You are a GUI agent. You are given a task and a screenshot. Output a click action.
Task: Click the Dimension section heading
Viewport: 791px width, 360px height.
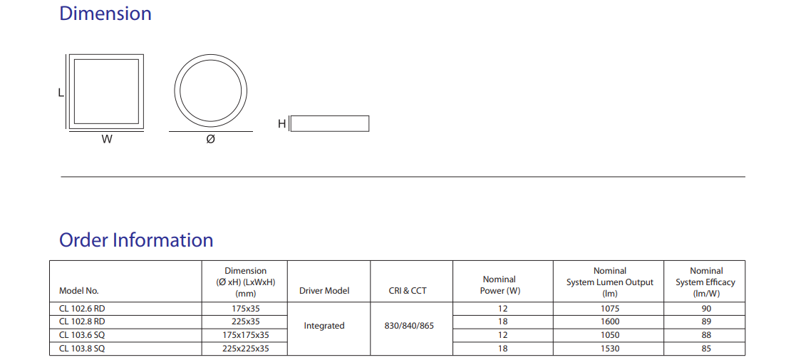click(105, 14)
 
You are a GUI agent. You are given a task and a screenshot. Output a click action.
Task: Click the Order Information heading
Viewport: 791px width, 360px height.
click(136, 240)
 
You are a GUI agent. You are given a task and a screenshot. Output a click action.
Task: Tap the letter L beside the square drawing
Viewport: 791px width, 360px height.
click(61, 93)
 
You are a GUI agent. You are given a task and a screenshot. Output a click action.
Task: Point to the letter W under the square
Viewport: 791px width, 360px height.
click(106, 139)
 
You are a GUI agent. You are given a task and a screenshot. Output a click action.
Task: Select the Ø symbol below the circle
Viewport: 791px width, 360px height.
click(210, 139)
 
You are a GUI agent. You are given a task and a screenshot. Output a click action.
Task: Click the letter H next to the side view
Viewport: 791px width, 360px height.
click(282, 124)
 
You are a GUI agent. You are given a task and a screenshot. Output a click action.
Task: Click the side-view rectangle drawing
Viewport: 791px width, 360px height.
click(330, 124)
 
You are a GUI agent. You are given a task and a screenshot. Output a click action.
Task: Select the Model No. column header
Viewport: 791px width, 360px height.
click(78, 291)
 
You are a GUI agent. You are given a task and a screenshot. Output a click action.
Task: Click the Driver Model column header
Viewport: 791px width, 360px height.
click(324, 291)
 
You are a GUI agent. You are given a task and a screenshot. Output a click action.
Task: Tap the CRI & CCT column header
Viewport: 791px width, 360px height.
click(411, 291)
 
